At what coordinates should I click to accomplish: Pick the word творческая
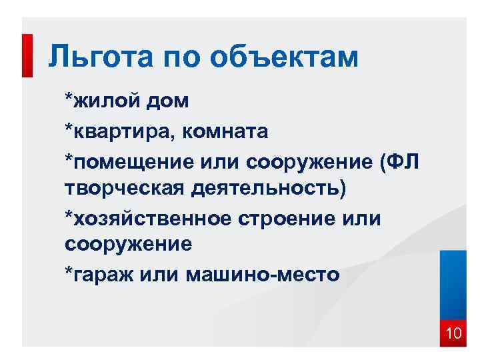125,189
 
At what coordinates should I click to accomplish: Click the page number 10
453,333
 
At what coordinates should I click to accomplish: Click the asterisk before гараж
69,271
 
